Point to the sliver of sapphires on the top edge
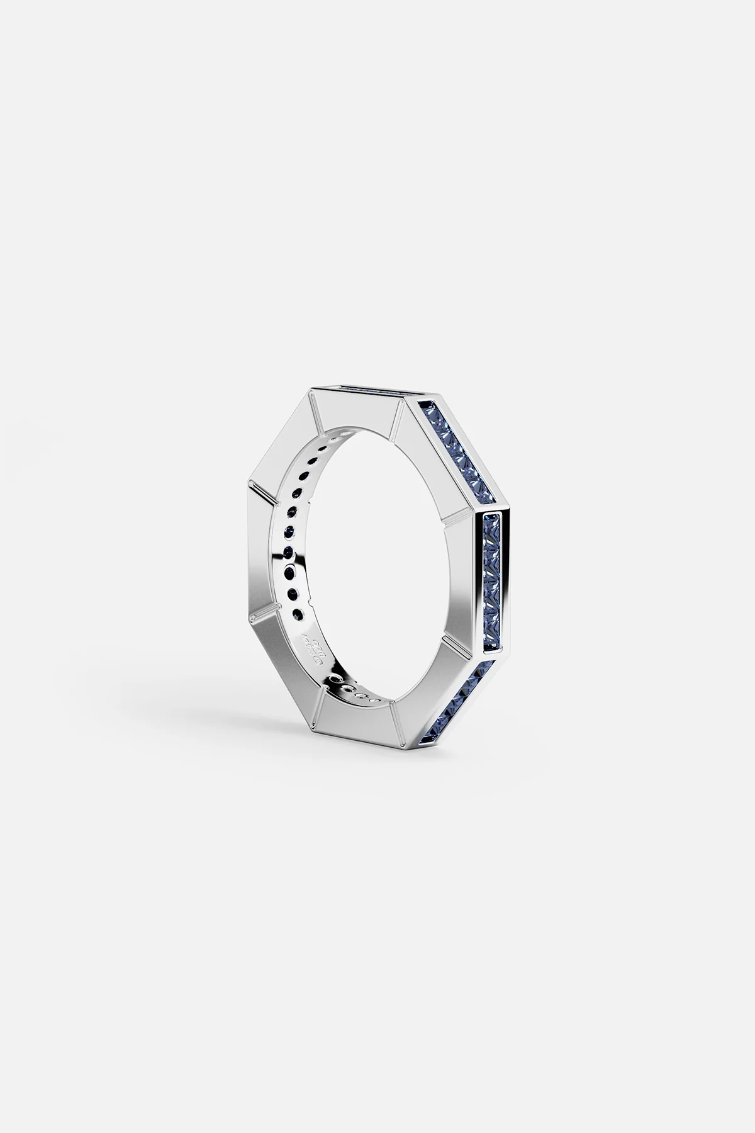click(365, 392)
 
